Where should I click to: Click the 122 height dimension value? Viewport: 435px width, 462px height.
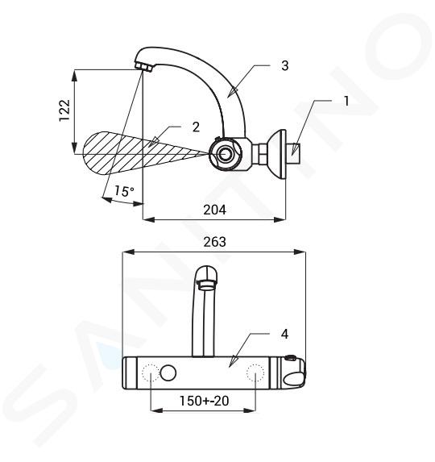[64, 110]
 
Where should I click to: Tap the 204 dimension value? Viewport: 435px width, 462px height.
[214, 210]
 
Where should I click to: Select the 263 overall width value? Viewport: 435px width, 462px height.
[214, 242]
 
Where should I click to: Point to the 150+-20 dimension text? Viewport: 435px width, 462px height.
[204, 401]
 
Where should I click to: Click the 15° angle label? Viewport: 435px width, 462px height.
[124, 191]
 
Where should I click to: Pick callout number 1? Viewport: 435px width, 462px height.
[346, 101]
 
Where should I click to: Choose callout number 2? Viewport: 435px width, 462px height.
[196, 127]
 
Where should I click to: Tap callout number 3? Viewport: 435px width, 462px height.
[284, 65]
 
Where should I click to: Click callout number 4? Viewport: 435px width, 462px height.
[284, 335]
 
